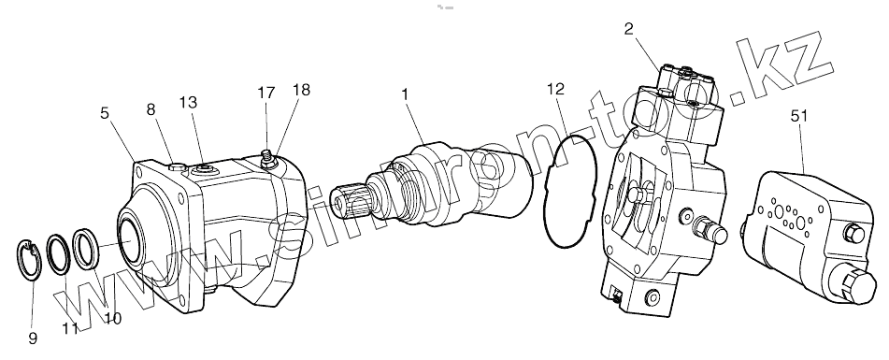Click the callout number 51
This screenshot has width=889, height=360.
click(798, 116)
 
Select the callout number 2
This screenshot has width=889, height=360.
click(629, 30)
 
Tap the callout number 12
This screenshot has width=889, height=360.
click(557, 89)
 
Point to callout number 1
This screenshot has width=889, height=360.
click(406, 94)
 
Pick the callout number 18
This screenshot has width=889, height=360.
click(302, 90)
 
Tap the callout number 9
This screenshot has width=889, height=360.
click(33, 338)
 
